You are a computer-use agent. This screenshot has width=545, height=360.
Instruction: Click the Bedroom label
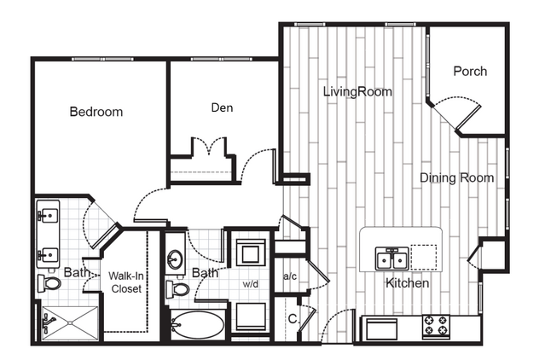[96, 112]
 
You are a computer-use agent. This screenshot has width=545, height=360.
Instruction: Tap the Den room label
[222, 107]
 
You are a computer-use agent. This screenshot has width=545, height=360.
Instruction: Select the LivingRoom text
[357, 92]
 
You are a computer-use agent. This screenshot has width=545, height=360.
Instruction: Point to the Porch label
[470, 72]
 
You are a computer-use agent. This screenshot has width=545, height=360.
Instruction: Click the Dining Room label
[456, 178]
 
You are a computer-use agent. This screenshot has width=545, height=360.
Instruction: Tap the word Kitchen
[408, 283]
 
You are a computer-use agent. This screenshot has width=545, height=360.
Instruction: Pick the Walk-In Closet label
[126, 282]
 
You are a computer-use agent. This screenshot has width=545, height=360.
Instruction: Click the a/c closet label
[290, 276]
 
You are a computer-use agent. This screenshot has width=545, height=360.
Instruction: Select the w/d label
[251, 284]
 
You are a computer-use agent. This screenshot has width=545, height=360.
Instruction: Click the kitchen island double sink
[392, 258]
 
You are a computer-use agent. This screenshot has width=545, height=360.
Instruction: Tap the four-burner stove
[436, 326]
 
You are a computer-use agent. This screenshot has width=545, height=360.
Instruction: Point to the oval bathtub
[197, 325]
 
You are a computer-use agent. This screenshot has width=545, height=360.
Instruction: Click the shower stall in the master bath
[70, 323]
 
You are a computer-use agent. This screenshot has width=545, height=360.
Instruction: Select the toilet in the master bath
[49, 283]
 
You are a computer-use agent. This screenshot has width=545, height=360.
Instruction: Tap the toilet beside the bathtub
[177, 289]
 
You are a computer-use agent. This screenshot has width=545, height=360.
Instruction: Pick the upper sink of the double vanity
[48, 215]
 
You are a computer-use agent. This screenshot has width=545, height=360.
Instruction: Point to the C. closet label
[293, 319]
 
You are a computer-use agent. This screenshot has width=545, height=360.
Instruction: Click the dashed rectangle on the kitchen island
[424, 258]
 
